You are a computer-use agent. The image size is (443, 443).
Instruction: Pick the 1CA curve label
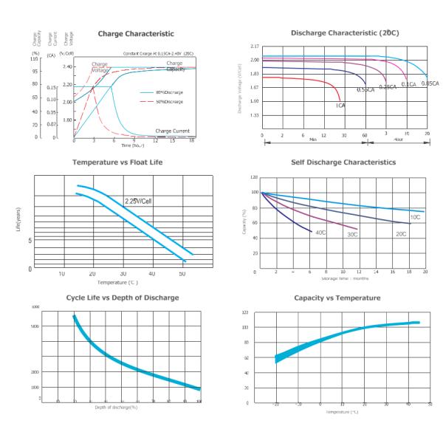340,106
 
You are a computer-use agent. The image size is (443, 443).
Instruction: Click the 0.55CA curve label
365,89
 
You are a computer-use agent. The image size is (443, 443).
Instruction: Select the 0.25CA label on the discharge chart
388,87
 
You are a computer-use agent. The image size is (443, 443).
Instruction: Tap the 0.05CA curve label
430,84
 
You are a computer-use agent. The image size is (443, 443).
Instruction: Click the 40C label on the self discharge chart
321,233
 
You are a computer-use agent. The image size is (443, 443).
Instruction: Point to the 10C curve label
415,217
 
